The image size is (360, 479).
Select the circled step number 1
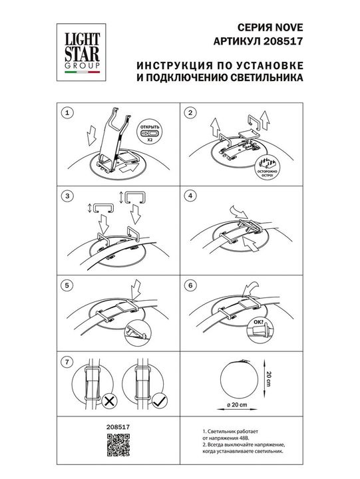pos(65,113)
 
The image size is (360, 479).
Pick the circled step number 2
pos(190,113)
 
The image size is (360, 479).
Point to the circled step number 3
pos(65,196)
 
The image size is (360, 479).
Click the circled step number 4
pos(190,196)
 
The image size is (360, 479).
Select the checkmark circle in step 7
pos(158,402)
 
